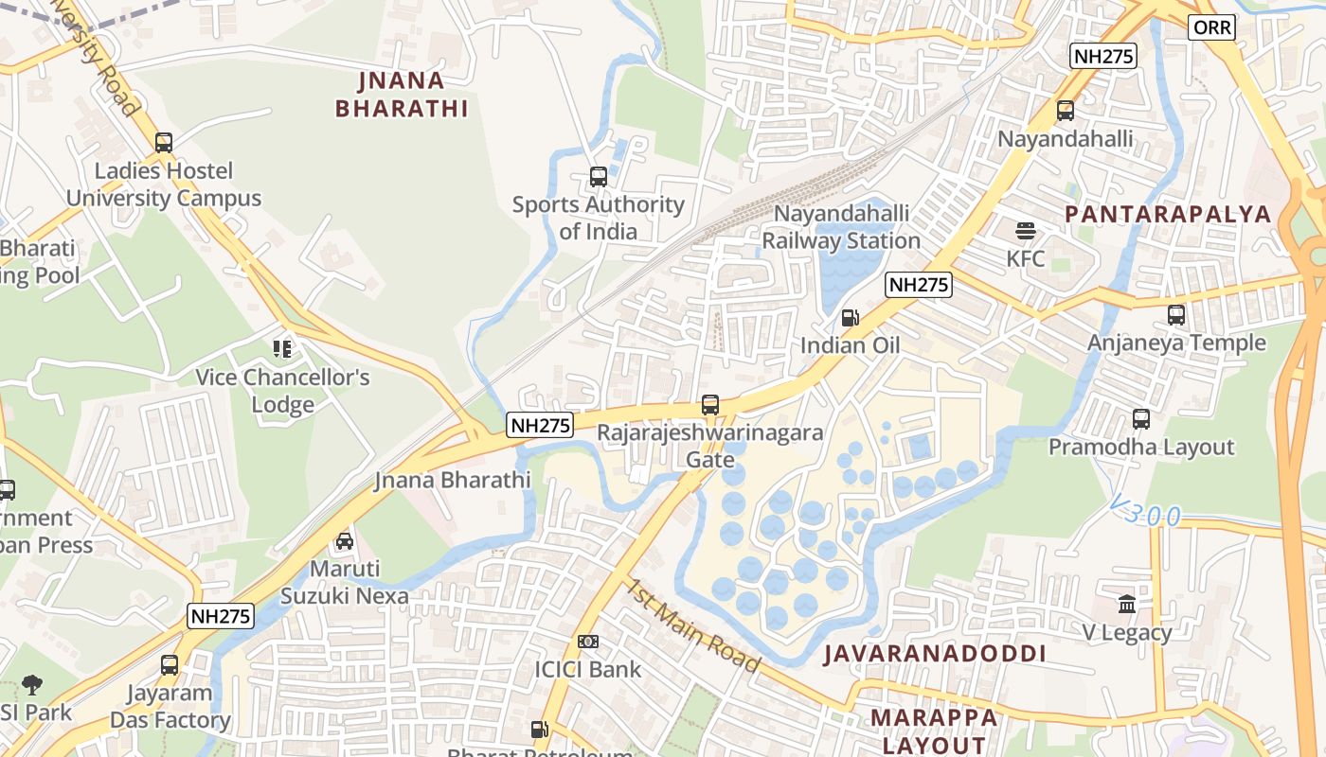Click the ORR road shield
point(1212,27)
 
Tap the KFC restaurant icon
point(1026,231)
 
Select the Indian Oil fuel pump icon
point(851,318)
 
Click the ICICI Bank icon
point(588,642)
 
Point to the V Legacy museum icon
point(1127,604)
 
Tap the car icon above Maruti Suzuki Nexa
point(345,541)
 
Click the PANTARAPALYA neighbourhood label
point(1168,214)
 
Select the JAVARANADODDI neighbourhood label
point(934,654)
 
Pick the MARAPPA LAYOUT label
point(934,731)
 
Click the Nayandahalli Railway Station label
point(841,227)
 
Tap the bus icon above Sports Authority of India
point(598,176)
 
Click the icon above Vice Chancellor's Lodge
point(282,349)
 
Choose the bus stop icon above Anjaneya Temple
point(1175,315)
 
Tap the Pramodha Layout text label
point(1141,448)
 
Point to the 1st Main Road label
point(690,625)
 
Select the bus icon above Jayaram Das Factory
point(170,665)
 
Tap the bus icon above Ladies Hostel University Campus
point(164,143)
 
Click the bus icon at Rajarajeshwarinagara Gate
point(710,405)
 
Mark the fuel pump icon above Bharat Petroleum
point(539,730)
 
